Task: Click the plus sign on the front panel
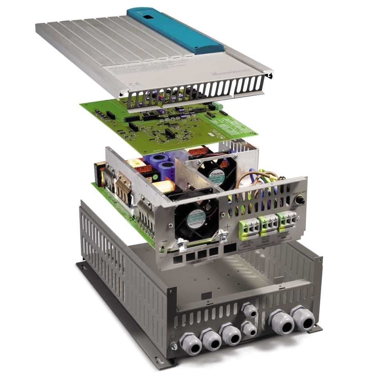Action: click(x=227, y=226)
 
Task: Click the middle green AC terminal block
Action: click(x=267, y=225)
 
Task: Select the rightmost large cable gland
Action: click(x=302, y=318)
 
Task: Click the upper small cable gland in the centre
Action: click(x=249, y=310)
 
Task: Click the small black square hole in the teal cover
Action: click(x=148, y=17)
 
